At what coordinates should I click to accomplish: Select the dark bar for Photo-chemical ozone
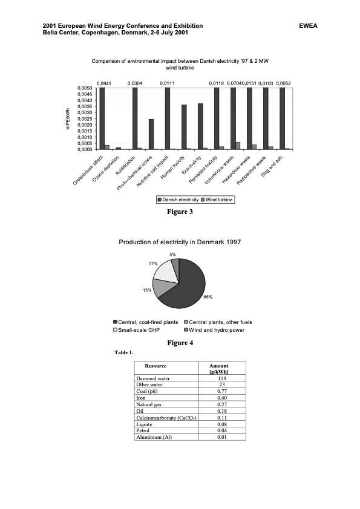[151, 134]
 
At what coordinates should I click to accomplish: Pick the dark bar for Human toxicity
[184, 127]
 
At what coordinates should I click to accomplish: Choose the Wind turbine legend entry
[217, 199]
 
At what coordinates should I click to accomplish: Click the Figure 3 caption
[180, 212]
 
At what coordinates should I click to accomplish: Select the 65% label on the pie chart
[208, 297]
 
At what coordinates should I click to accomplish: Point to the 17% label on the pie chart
[153, 264]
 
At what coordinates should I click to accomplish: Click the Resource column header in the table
[155, 366]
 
